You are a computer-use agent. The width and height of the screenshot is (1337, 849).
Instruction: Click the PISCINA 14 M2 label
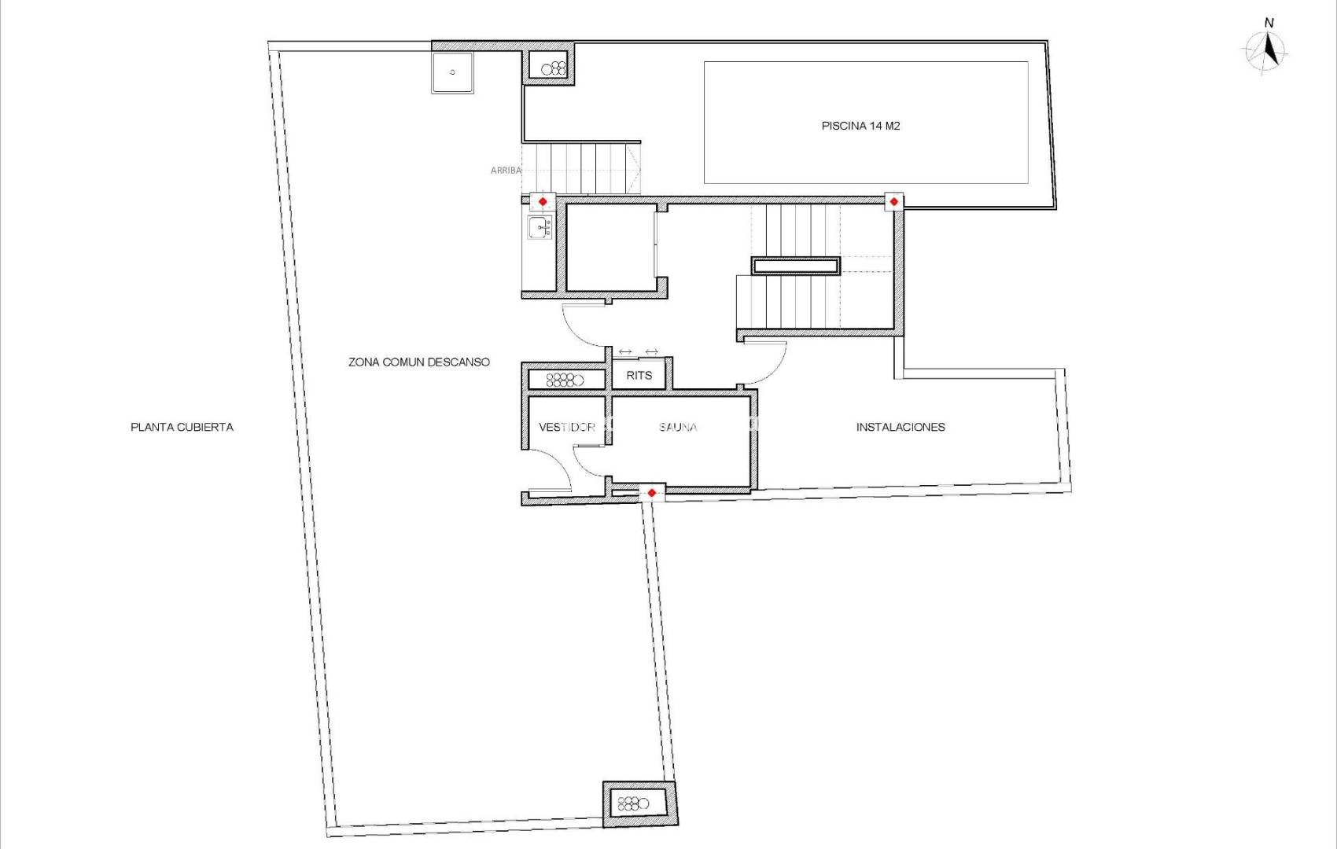pos(860,126)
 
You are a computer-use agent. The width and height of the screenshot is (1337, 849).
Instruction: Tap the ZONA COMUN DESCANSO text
pos(418,362)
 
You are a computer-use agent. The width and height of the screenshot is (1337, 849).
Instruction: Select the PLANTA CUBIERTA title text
pos(182,428)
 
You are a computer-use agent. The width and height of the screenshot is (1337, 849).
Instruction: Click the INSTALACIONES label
pos(901,428)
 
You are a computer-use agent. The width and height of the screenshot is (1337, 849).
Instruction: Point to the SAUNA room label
pos(678,428)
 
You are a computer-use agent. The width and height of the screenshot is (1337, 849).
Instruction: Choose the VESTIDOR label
pos(566,428)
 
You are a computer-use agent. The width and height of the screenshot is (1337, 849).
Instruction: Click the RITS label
pos(639,376)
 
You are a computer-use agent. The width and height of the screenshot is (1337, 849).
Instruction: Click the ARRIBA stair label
pos(505,171)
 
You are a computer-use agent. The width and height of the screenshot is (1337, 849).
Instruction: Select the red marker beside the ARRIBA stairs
pos(542,202)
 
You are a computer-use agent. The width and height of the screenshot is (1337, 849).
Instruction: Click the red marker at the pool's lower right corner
pos(893,202)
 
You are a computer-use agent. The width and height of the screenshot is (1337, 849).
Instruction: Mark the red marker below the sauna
pos(651,493)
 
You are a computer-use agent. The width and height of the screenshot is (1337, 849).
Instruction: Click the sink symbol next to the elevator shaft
pos(540,228)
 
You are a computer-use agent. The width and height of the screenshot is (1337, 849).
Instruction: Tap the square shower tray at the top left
pos(452,72)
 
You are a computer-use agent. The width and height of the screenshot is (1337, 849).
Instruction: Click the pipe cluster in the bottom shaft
pos(633,803)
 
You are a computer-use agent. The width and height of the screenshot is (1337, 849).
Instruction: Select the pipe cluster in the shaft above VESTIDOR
pos(565,380)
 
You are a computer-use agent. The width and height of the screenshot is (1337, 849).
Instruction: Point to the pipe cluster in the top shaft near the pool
pos(554,68)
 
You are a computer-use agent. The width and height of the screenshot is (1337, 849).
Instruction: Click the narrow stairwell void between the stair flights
pos(795,266)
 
